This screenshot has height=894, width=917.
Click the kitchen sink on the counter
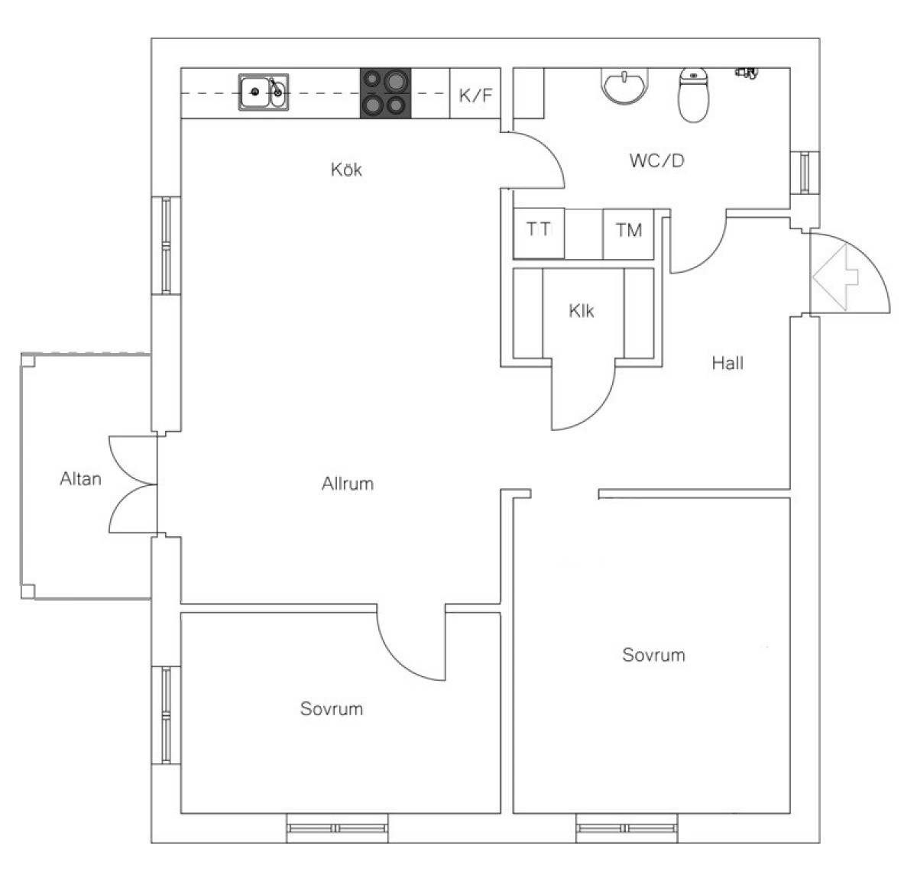click(264, 92)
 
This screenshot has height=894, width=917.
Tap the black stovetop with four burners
click(385, 93)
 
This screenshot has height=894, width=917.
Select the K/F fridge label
click(475, 96)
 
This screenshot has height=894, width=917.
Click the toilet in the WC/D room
click(693, 95)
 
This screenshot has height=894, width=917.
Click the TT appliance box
click(539, 233)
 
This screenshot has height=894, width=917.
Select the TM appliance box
click(628, 234)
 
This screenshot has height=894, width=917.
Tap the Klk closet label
click(581, 311)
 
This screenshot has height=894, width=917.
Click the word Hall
click(727, 363)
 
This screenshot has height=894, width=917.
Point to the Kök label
click(346, 169)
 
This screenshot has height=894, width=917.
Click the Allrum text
click(348, 484)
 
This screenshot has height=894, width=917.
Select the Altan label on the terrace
click(80, 479)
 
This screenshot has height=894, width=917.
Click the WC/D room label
click(657, 160)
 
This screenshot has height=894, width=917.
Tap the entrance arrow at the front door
click(835, 277)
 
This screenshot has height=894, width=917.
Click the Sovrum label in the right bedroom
click(653, 655)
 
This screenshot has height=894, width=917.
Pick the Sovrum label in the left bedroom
click(332, 709)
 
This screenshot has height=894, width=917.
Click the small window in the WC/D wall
click(805, 172)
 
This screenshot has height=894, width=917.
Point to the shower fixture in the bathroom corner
click(747, 73)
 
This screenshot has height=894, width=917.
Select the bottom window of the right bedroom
click(627, 828)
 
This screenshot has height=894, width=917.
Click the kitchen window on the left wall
click(166, 245)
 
